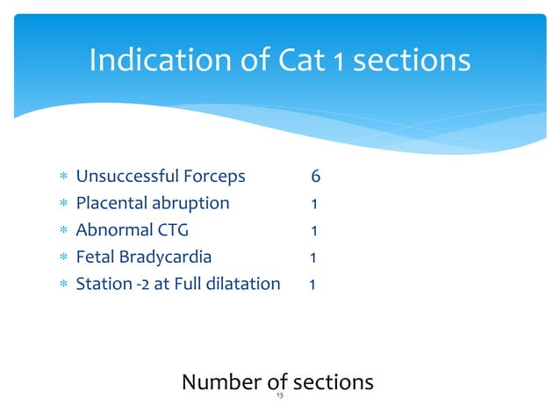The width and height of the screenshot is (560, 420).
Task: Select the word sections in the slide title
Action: [x=413, y=61]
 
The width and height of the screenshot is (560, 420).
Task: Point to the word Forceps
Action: [x=212, y=177]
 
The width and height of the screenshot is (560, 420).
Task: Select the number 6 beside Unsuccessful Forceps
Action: [x=315, y=177]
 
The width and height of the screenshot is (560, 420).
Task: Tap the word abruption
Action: [x=190, y=204]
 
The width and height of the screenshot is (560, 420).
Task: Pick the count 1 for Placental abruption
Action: [x=314, y=204]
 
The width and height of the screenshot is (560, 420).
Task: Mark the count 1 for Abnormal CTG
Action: [x=314, y=231]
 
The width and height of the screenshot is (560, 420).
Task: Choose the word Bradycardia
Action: [x=163, y=257]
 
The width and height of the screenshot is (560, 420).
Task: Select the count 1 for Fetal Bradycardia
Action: [x=312, y=257]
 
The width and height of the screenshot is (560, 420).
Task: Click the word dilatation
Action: [x=244, y=285]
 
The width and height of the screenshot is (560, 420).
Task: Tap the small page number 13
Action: [x=279, y=397]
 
